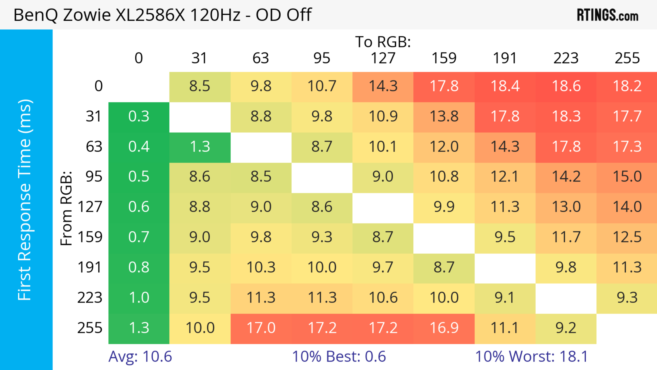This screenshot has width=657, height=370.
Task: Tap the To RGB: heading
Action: tap(383, 42)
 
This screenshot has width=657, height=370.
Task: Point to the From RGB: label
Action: tap(66, 208)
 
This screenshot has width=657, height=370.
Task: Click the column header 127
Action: tap(383, 58)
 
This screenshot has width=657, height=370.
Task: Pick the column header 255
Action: tap(627, 58)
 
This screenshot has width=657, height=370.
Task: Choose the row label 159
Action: tap(90, 237)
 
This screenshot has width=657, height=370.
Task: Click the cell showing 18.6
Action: tap(566, 86)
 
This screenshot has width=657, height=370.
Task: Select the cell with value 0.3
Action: tap(139, 116)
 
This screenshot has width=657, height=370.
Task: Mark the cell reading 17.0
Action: tap(261, 328)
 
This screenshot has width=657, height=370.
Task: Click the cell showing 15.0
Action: tap(627, 177)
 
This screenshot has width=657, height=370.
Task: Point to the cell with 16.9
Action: tap(444, 328)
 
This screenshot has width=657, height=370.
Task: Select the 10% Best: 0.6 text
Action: tap(339, 356)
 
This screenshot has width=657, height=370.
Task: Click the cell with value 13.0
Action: tap(566, 207)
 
